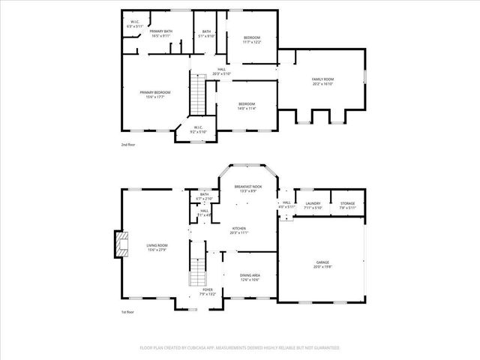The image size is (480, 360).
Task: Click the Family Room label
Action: click(x=322, y=81)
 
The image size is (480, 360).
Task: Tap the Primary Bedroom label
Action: click(x=155, y=94)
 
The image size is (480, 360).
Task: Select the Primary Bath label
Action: click(x=161, y=33)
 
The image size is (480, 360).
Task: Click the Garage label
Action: click(x=322, y=263)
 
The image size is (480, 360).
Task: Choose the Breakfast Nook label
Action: click(x=247, y=188)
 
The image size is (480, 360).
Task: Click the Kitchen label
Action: click(x=238, y=230)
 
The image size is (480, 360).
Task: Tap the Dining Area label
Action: click(x=250, y=277)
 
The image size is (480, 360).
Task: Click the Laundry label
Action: click(x=313, y=205)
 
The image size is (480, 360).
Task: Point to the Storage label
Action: click(x=347, y=205)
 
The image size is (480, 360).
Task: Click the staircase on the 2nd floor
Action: click(x=198, y=94)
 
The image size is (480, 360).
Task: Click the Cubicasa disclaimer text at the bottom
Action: click(x=240, y=348)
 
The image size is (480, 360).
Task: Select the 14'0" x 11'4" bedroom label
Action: click(x=247, y=106)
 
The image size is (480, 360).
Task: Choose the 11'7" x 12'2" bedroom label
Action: click(x=251, y=40)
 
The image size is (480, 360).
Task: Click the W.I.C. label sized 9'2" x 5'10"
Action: click(x=198, y=130)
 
